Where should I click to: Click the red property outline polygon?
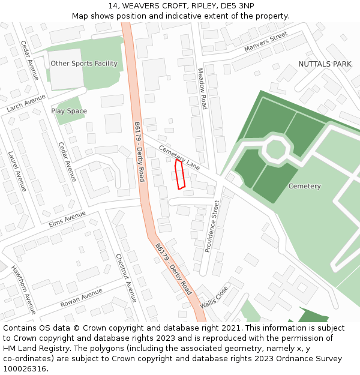179,174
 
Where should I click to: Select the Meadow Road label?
202,89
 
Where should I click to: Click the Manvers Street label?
266,43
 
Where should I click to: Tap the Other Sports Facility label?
84,64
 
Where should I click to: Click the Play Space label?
69,111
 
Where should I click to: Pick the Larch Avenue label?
26,104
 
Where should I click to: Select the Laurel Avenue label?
17,171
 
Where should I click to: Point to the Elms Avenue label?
67,219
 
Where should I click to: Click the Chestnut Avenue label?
126,277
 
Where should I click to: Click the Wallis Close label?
214,296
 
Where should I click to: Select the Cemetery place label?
304,186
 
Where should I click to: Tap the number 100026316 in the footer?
25,368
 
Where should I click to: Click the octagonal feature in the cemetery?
275,149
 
